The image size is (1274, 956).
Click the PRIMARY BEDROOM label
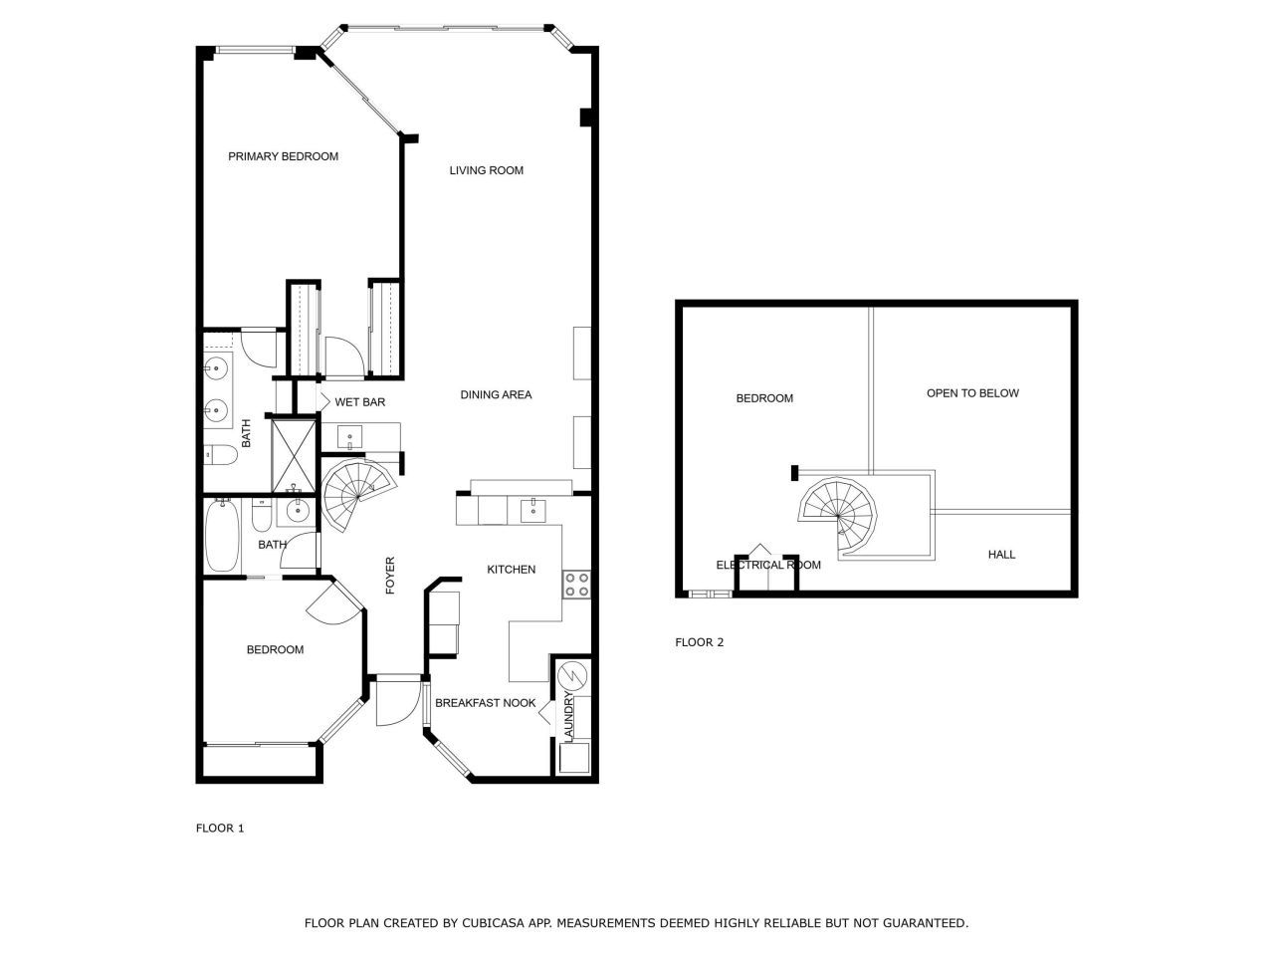(283, 156)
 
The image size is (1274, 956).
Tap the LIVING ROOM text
(486, 170)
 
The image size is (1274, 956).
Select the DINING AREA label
(496, 394)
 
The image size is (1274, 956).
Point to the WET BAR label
(359, 402)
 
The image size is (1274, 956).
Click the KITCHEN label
(511, 570)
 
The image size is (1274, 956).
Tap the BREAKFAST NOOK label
(486, 703)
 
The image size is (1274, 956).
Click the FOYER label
(390, 576)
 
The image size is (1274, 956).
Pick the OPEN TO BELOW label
(972, 393)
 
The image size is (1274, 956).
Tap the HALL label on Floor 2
(1001, 555)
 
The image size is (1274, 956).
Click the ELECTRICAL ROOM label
(768, 565)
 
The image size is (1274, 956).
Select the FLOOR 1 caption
(220, 829)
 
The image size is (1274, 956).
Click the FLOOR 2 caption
(700, 642)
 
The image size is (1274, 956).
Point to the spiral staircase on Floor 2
(839, 513)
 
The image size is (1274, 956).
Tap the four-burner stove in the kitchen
(576, 584)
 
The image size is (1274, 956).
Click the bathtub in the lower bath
(221, 538)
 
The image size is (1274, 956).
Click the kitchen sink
(531, 510)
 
